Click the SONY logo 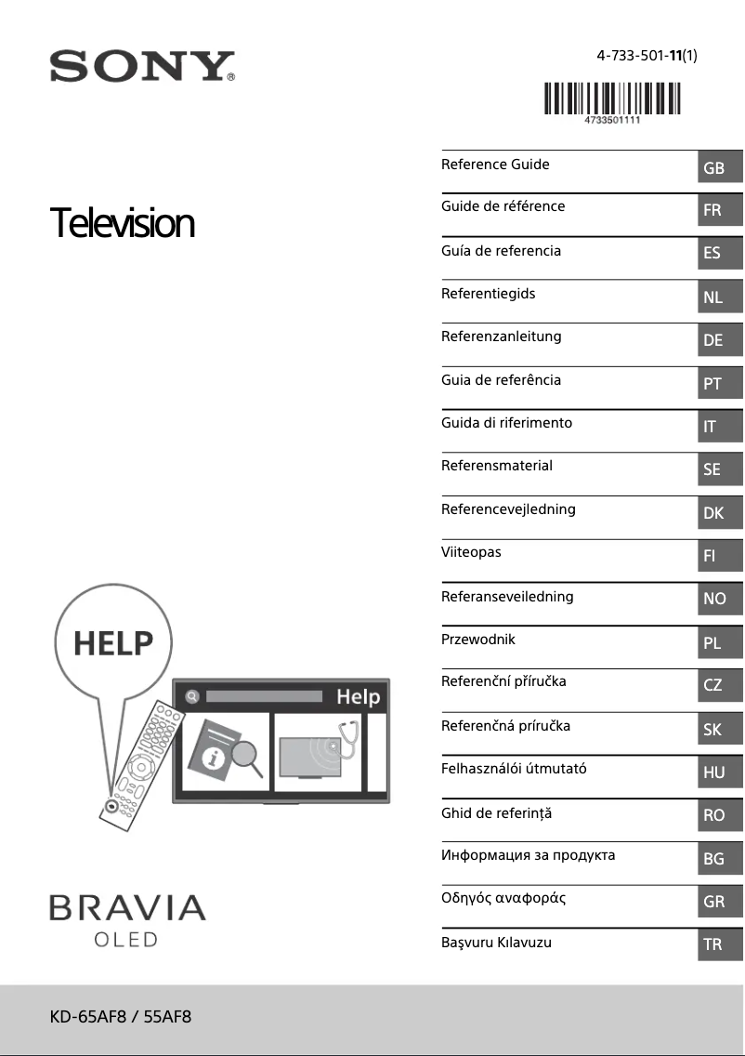click(x=141, y=67)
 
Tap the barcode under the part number click(x=611, y=99)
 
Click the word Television click(x=123, y=224)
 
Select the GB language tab click(x=713, y=168)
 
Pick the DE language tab click(x=712, y=340)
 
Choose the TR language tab click(x=712, y=944)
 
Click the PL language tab click(x=712, y=642)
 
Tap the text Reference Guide click(x=495, y=165)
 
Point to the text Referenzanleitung click(x=501, y=337)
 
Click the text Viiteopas click(x=471, y=552)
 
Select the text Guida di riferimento click(x=506, y=423)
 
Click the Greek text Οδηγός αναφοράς click(x=503, y=898)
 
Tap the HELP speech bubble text click(x=113, y=642)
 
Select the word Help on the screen click(x=358, y=696)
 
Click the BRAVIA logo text click(x=127, y=908)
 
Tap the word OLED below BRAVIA click(x=126, y=940)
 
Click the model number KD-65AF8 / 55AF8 click(x=121, y=1016)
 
